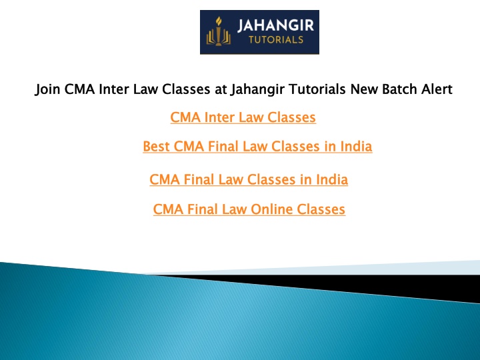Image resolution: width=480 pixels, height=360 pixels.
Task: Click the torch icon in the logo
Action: click(x=218, y=31)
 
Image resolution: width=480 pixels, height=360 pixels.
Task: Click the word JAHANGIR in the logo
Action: click(x=276, y=25)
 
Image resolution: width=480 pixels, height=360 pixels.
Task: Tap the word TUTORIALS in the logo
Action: click(x=276, y=40)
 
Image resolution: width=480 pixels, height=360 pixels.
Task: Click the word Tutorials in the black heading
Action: click(x=317, y=89)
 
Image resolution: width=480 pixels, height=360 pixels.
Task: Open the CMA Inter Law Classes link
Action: click(x=243, y=117)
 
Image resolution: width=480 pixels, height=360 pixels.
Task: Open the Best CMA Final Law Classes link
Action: click(x=257, y=146)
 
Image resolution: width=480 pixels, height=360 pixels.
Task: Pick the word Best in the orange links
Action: click(x=156, y=146)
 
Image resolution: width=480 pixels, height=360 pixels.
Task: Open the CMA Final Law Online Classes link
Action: click(x=249, y=209)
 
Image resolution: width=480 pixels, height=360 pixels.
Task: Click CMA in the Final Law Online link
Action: click(x=168, y=209)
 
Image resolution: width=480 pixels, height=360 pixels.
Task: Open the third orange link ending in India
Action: click(x=249, y=179)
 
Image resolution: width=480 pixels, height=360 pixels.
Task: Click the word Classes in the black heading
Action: click(x=186, y=89)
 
